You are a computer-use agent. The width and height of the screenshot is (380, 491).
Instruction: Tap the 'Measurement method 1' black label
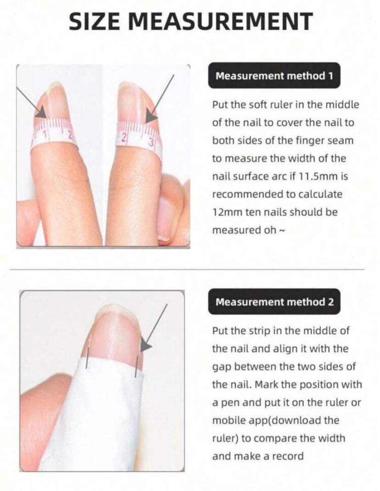[274, 75]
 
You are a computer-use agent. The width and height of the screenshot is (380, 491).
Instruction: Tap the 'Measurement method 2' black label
[274, 301]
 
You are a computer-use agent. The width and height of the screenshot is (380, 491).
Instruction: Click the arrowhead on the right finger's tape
[151, 117]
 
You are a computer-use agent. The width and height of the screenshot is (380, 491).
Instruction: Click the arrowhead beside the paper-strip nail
[145, 346]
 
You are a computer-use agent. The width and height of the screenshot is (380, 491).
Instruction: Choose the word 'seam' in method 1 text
[342, 141]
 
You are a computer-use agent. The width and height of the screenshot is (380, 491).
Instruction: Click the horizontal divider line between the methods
[187, 269]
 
